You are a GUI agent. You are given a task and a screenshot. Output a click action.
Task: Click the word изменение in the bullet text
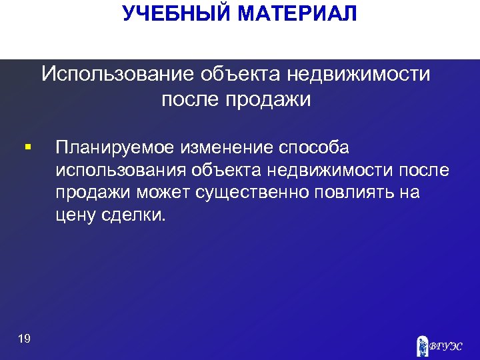[x=227, y=147]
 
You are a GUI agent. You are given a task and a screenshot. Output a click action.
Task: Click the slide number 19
[x=24, y=339]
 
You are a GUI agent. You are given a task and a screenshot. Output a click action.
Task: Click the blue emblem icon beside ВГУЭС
[x=422, y=345]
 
